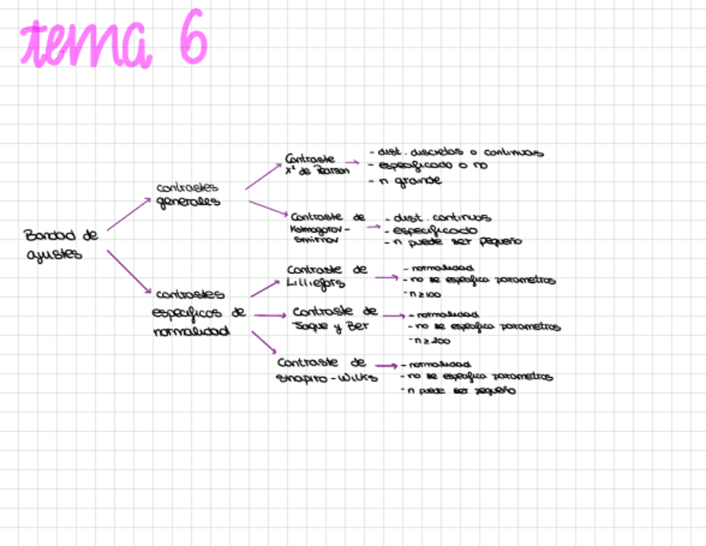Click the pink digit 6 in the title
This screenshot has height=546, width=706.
click(x=191, y=42)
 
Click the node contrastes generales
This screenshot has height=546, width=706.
click(x=188, y=195)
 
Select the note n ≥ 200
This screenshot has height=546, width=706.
click(x=429, y=340)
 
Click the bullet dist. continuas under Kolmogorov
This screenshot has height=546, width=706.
click(x=441, y=218)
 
